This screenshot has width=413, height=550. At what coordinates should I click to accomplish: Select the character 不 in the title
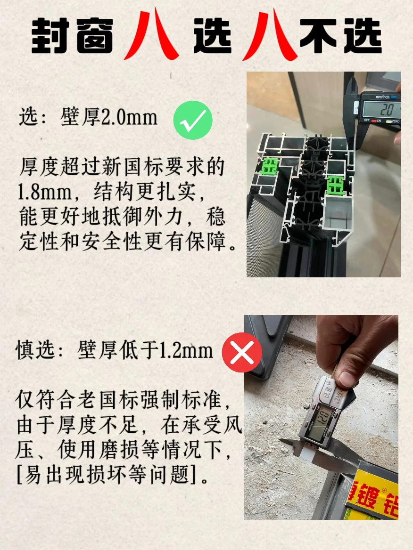click(318, 36)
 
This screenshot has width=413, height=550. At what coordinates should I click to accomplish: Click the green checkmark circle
click(193, 119)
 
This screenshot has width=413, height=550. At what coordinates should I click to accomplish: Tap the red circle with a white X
click(241, 352)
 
